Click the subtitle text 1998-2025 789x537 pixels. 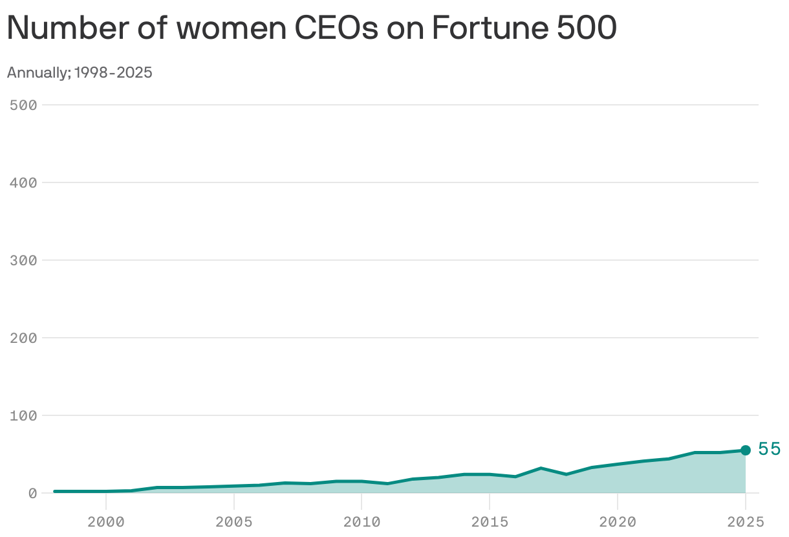[113, 72]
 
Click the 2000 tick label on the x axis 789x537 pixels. [105, 521]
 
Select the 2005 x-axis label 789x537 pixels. [233, 521]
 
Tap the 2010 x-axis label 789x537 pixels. [362, 521]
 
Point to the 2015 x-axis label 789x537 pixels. [490, 521]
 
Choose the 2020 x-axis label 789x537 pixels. [618, 521]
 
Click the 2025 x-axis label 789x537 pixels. [745, 521]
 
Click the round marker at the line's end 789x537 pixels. [745, 450]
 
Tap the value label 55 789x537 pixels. [770, 449]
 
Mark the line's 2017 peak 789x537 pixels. [541, 468]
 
